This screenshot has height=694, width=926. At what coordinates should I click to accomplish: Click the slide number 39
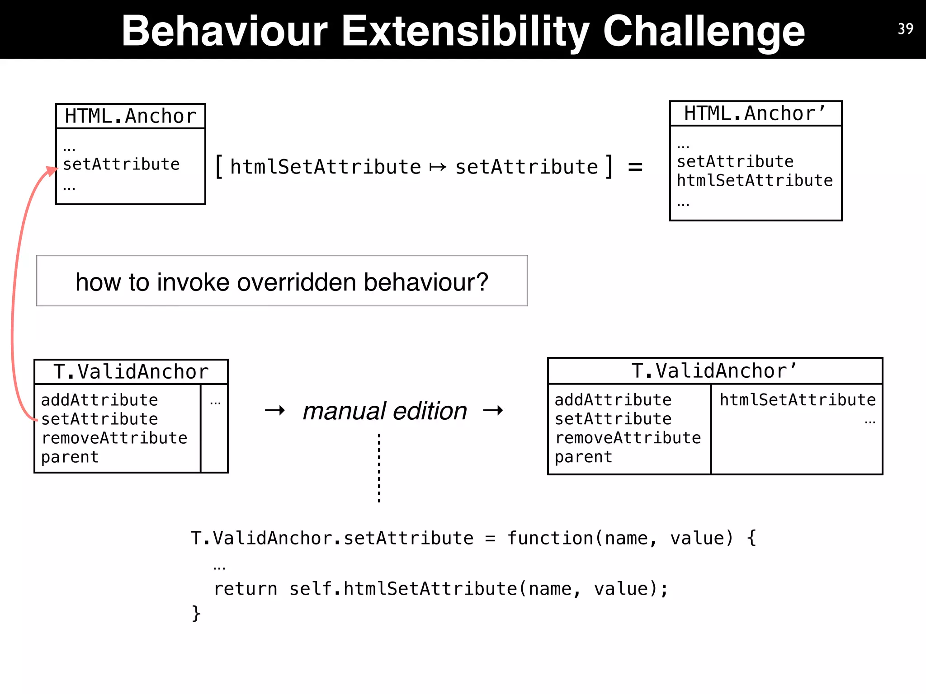(x=905, y=29)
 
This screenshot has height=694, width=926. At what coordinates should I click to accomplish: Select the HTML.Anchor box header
(x=131, y=116)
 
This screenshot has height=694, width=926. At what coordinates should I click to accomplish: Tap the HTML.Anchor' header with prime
(x=755, y=113)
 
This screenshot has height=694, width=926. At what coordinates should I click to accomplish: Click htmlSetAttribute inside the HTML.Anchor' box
(x=754, y=181)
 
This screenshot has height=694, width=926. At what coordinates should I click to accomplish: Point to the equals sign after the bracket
(x=635, y=167)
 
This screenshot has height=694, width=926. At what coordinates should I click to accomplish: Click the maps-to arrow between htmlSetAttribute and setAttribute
(x=438, y=168)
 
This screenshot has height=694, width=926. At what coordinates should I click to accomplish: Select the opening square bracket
(x=219, y=167)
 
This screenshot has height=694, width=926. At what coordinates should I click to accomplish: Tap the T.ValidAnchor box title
(x=131, y=372)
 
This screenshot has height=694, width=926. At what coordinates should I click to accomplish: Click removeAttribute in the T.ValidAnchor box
(x=114, y=438)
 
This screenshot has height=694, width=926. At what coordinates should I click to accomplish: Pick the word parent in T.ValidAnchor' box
(x=583, y=457)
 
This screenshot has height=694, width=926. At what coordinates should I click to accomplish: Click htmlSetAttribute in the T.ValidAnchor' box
(x=798, y=400)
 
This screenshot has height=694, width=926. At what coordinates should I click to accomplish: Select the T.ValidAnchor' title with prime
(x=714, y=371)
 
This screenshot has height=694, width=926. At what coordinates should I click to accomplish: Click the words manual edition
(x=385, y=411)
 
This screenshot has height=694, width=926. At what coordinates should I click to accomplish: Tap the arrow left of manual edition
(x=275, y=410)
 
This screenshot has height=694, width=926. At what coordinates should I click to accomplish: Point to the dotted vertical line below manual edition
(x=379, y=468)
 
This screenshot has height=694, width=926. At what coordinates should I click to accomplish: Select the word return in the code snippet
(x=245, y=589)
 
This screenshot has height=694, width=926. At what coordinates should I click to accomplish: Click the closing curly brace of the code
(x=196, y=613)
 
